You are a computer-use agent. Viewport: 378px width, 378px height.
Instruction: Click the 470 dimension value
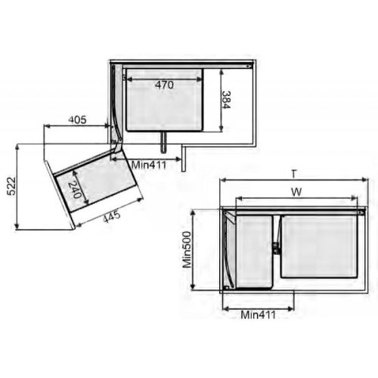[x=163, y=85]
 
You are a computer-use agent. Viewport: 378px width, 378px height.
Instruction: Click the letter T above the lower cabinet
[x=293, y=173]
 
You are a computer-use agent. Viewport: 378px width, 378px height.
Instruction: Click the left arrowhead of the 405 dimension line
[x=45, y=126]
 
